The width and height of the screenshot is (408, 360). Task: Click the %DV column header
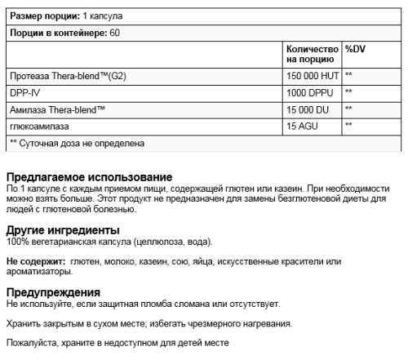pos(355,49)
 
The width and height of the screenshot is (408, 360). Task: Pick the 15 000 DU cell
pos(306,109)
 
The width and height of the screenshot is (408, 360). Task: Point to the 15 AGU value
pos(299,126)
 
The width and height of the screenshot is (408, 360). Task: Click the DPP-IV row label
pos(22,91)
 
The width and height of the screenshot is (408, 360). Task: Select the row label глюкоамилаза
pos(39,126)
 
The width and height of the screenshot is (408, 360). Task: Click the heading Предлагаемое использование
pos(89,178)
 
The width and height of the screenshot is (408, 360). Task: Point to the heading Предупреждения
pos(53,291)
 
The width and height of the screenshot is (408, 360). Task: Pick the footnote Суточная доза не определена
pos(81,143)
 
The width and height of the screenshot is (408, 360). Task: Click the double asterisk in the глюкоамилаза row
pos(349,126)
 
